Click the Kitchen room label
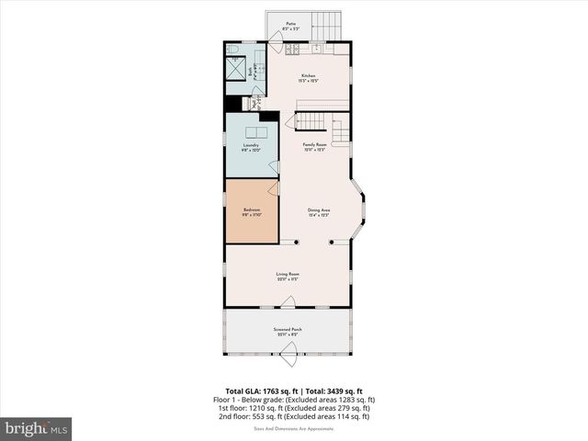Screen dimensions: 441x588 tap(307, 78)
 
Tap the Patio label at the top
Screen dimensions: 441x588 tap(290, 26)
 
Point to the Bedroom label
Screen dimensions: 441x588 tap(252, 211)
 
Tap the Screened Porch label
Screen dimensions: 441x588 tap(288, 331)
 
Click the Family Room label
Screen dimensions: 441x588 tap(316, 145)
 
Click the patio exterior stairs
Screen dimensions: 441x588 tap(327, 25)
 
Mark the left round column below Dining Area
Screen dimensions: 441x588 tap(296, 243)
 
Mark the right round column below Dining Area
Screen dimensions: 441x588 tap(333, 243)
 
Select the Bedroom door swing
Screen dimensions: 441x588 tap(272, 188)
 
